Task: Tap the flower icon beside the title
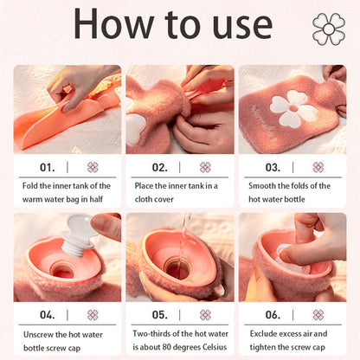coord(328,29)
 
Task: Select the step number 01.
coord(48,167)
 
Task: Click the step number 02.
coord(160,167)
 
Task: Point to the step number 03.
coord(273,167)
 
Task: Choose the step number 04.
coord(48,315)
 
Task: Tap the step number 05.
coord(160,315)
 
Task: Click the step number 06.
coord(273,315)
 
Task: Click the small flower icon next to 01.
coord(93,167)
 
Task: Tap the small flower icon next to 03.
coord(318,167)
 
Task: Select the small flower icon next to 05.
coord(205,315)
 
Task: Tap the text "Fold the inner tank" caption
coord(67,192)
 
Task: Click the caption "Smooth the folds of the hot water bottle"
coord(291,192)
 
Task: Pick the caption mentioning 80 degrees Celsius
coord(179,340)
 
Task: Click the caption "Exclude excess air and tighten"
coord(291,340)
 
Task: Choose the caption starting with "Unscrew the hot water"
coord(67,340)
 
